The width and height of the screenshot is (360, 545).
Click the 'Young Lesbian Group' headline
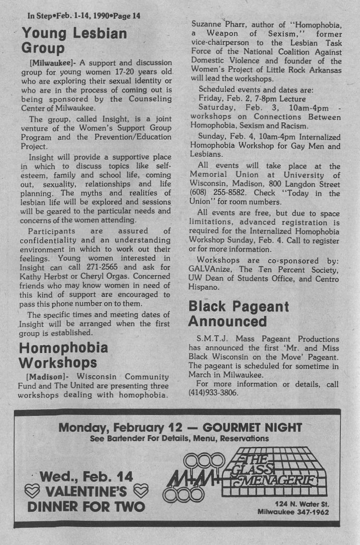pyautogui.click(x=74, y=41)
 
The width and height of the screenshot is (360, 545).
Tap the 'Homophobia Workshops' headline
pyautogui.click(x=63, y=355)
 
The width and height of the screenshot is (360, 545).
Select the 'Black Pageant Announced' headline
pyautogui.click(x=239, y=314)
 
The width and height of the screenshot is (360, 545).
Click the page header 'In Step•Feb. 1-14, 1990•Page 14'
pyautogui.click(x=84, y=15)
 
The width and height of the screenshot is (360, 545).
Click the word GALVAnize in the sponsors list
pyautogui.click(x=210, y=269)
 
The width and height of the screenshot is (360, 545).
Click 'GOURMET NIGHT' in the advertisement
pyautogui.click(x=253, y=427)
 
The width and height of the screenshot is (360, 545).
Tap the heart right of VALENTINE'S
pyautogui.click(x=140, y=492)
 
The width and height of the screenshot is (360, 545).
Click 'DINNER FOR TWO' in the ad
pyautogui.click(x=86, y=507)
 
